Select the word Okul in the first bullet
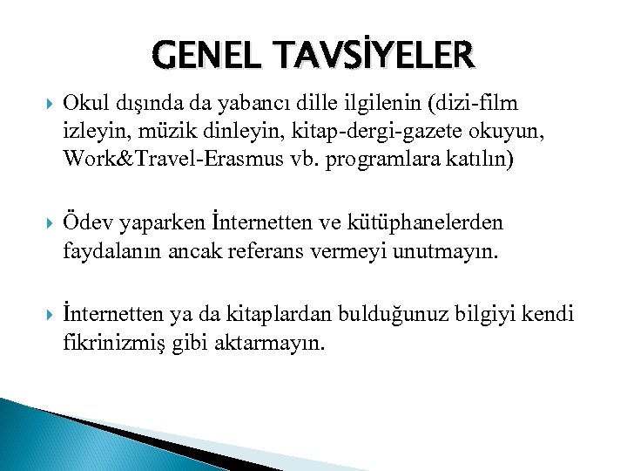pyautogui.click(x=84, y=104)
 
